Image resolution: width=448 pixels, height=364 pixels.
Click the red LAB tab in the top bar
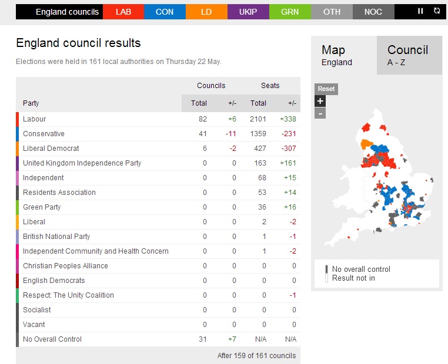pyautogui.click(x=123, y=12)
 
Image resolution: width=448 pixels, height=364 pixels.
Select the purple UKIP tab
pyautogui.click(x=248, y=12)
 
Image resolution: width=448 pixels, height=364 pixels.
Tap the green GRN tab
pyautogui.click(x=290, y=12)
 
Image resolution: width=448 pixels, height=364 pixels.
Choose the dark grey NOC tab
pyautogui.click(x=373, y=12)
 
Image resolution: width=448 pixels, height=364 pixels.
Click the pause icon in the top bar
pyautogui.click(x=420, y=11)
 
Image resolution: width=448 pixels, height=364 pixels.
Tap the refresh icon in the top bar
pyautogui.click(x=437, y=11)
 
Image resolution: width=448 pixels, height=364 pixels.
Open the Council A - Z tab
pyautogui.click(x=409, y=55)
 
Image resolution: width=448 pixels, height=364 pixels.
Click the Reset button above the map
pyautogui.click(x=326, y=89)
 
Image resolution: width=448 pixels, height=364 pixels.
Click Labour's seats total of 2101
pyautogui.click(x=258, y=119)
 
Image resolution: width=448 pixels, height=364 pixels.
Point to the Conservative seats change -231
pyautogui.click(x=289, y=134)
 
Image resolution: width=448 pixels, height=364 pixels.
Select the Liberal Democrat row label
pyautogui.click(x=51, y=149)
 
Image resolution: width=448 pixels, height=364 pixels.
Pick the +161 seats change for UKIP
pyautogui.click(x=288, y=163)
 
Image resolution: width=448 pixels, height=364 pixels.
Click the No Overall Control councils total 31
pyautogui.click(x=203, y=339)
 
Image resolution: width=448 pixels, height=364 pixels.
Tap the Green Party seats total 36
pyautogui.click(x=262, y=207)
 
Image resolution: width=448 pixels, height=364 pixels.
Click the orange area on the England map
pyautogui.click(x=366, y=144)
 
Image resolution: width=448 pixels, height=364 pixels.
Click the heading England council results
pyautogui.click(x=78, y=43)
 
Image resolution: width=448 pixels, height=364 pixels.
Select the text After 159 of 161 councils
pyautogui.click(x=256, y=355)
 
